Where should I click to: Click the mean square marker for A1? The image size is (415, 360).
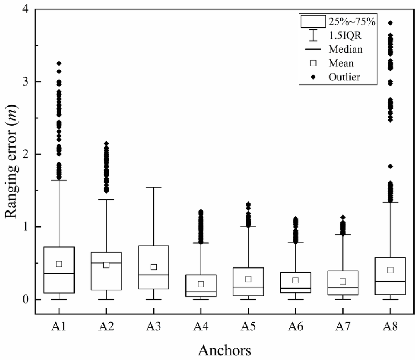pyautogui.click(x=59, y=264)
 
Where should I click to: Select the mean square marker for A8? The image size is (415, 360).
pyautogui.click(x=390, y=270)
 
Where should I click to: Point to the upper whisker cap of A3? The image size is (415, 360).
pyautogui.click(x=153, y=187)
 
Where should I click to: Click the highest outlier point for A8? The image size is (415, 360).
pyautogui.click(x=390, y=23)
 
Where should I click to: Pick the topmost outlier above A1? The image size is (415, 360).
pyautogui.click(x=59, y=63)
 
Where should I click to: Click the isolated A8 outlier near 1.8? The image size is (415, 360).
pyautogui.click(x=390, y=166)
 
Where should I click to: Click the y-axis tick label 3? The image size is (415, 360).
pyautogui.click(x=27, y=82)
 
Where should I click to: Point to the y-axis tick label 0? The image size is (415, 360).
pyautogui.click(x=27, y=299)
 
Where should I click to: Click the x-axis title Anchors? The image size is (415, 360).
pyautogui.click(x=224, y=349)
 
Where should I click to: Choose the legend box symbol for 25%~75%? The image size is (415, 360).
pyautogui.click(x=313, y=21)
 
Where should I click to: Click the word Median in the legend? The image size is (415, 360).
pyautogui.click(x=346, y=50)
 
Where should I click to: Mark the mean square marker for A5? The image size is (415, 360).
pyautogui.click(x=248, y=279)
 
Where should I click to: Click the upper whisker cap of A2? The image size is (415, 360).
pyautogui.click(x=106, y=200)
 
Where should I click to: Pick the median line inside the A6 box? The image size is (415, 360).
pyautogui.click(x=295, y=288)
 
